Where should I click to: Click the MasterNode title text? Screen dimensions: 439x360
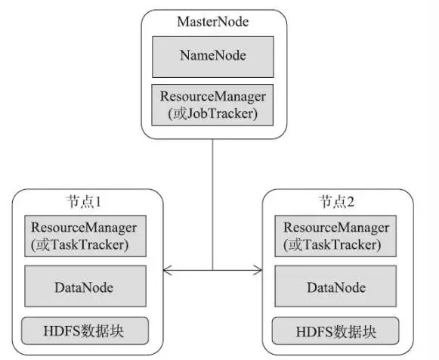click(x=213, y=22)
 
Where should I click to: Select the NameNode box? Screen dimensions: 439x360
click(x=213, y=57)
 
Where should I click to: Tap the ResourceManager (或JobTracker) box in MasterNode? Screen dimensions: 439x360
click(x=212, y=105)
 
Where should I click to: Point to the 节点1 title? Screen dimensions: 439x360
click(x=83, y=202)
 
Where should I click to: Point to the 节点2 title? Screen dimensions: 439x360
click(x=336, y=202)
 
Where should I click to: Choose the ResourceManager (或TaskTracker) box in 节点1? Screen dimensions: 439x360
click(x=85, y=236)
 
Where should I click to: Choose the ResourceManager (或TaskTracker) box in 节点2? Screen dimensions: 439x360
click(x=335, y=236)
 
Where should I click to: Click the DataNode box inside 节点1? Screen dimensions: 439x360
click(x=85, y=286)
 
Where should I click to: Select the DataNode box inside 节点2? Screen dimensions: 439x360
click(x=335, y=286)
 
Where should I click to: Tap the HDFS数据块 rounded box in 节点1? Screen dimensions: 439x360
click(x=85, y=331)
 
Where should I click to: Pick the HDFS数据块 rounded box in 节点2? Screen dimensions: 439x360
click(x=335, y=331)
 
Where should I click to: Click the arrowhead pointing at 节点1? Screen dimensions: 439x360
click(x=167, y=270)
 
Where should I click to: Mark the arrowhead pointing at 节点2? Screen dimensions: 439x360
click(x=258, y=270)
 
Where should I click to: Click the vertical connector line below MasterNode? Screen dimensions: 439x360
click(x=212, y=204)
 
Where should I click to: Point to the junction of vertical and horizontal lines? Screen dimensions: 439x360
click(x=212, y=270)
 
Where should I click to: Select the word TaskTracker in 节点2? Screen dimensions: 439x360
click(x=340, y=244)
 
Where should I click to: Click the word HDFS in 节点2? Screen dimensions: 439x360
click(x=310, y=332)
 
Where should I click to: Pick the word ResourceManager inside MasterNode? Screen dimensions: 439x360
click(x=213, y=97)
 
